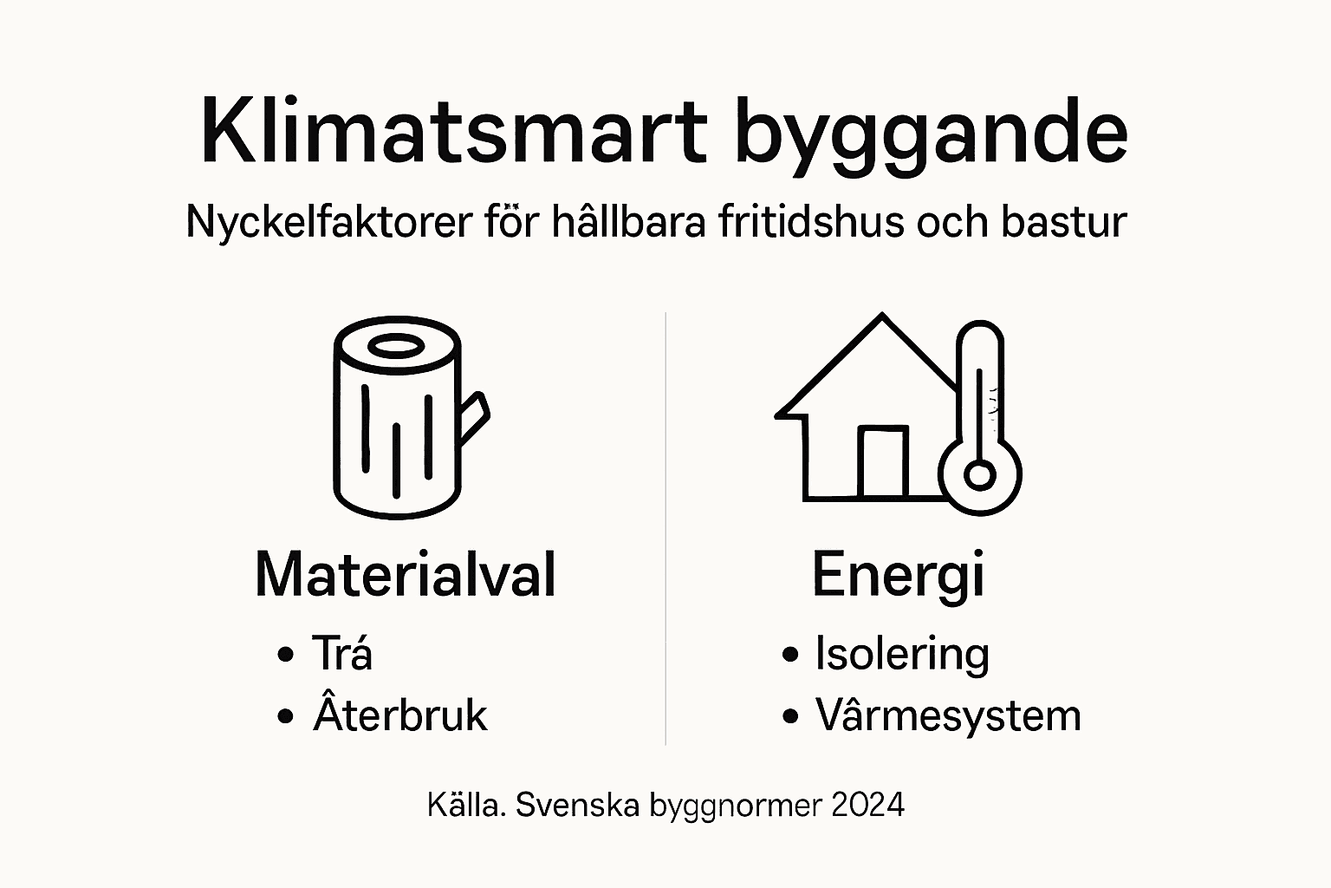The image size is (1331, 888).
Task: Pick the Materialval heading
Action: pyautogui.click(x=405, y=574)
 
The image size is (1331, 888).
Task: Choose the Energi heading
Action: pyautogui.click(x=898, y=576)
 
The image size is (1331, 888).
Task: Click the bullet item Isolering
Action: pyautogui.click(x=901, y=654)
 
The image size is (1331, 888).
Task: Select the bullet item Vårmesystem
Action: pyautogui.click(x=948, y=716)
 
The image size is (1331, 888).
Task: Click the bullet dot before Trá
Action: pyautogui.click(x=285, y=655)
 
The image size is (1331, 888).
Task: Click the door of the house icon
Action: pyautogui.click(x=882, y=463)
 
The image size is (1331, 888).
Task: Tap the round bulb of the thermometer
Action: pyautogui.click(x=980, y=475)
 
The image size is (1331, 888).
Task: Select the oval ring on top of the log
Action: pyautogui.click(x=397, y=346)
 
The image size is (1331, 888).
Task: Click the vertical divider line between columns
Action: pyautogui.click(x=665, y=529)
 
